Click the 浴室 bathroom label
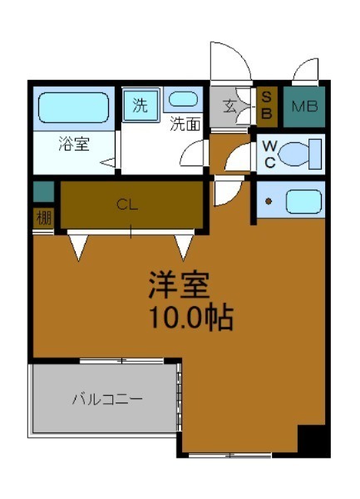pos(74,143)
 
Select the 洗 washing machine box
pos(140,106)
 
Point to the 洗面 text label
pos(185,126)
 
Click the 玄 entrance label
pos(228,106)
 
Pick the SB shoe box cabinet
pos(267,106)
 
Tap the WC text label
pos(269,152)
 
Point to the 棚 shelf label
pos(42,219)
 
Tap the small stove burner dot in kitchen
pos(269,200)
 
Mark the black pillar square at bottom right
pos(313,440)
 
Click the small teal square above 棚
pos(42,191)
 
